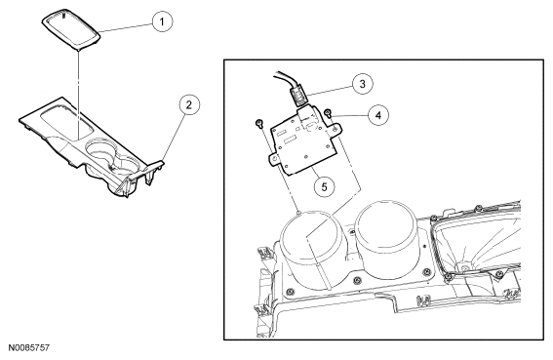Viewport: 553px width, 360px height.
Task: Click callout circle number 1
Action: (x=162, y=21)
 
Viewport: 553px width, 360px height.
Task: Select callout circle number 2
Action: (x=189, y=104)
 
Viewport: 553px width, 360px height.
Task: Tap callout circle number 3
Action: (x=362, y=84)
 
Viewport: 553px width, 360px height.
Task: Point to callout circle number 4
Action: (x=378, y=115)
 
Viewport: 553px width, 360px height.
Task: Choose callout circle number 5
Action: (x=324, y=186)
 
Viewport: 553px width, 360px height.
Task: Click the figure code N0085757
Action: (x=29, y=348)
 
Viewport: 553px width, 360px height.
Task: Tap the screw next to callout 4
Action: (x=329, y=113)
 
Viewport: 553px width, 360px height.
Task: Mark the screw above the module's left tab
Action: (x=258, y=124)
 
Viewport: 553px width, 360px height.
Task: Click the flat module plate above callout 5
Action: (x=303, y=141)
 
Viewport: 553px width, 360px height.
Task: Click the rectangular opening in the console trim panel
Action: (x=67, y=124)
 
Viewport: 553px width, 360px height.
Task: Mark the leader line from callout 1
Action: (x=126, y=27)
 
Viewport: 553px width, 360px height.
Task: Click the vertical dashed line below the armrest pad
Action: (x=77, y=94)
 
